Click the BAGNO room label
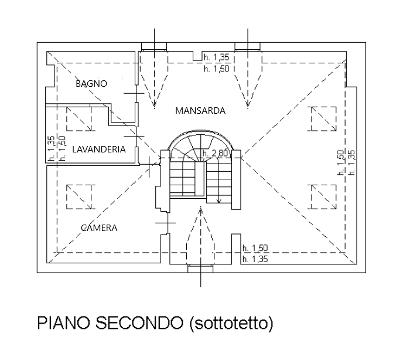(x=91, y=84)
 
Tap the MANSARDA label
(x=200, y=111)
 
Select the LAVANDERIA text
(x=99, y=150)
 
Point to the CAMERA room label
(x=99, y=228)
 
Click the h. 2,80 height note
(x=215, y=153)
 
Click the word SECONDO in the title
(x=139, y=323)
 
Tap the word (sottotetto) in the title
(x=231, y=323)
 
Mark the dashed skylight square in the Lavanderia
(x=79, y=118)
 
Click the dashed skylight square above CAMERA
(x=79, y=197)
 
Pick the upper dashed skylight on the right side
(x=324, y=118)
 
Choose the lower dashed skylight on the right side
(x=324, y=197)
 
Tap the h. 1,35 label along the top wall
(x=217, y=57)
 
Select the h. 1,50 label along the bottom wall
(x=255, y=248)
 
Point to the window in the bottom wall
(x=200, y=269)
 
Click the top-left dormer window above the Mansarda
(x=154, y=46)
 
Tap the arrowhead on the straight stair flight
(x=219, y=201)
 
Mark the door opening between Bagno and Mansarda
(x=136, y=93)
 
